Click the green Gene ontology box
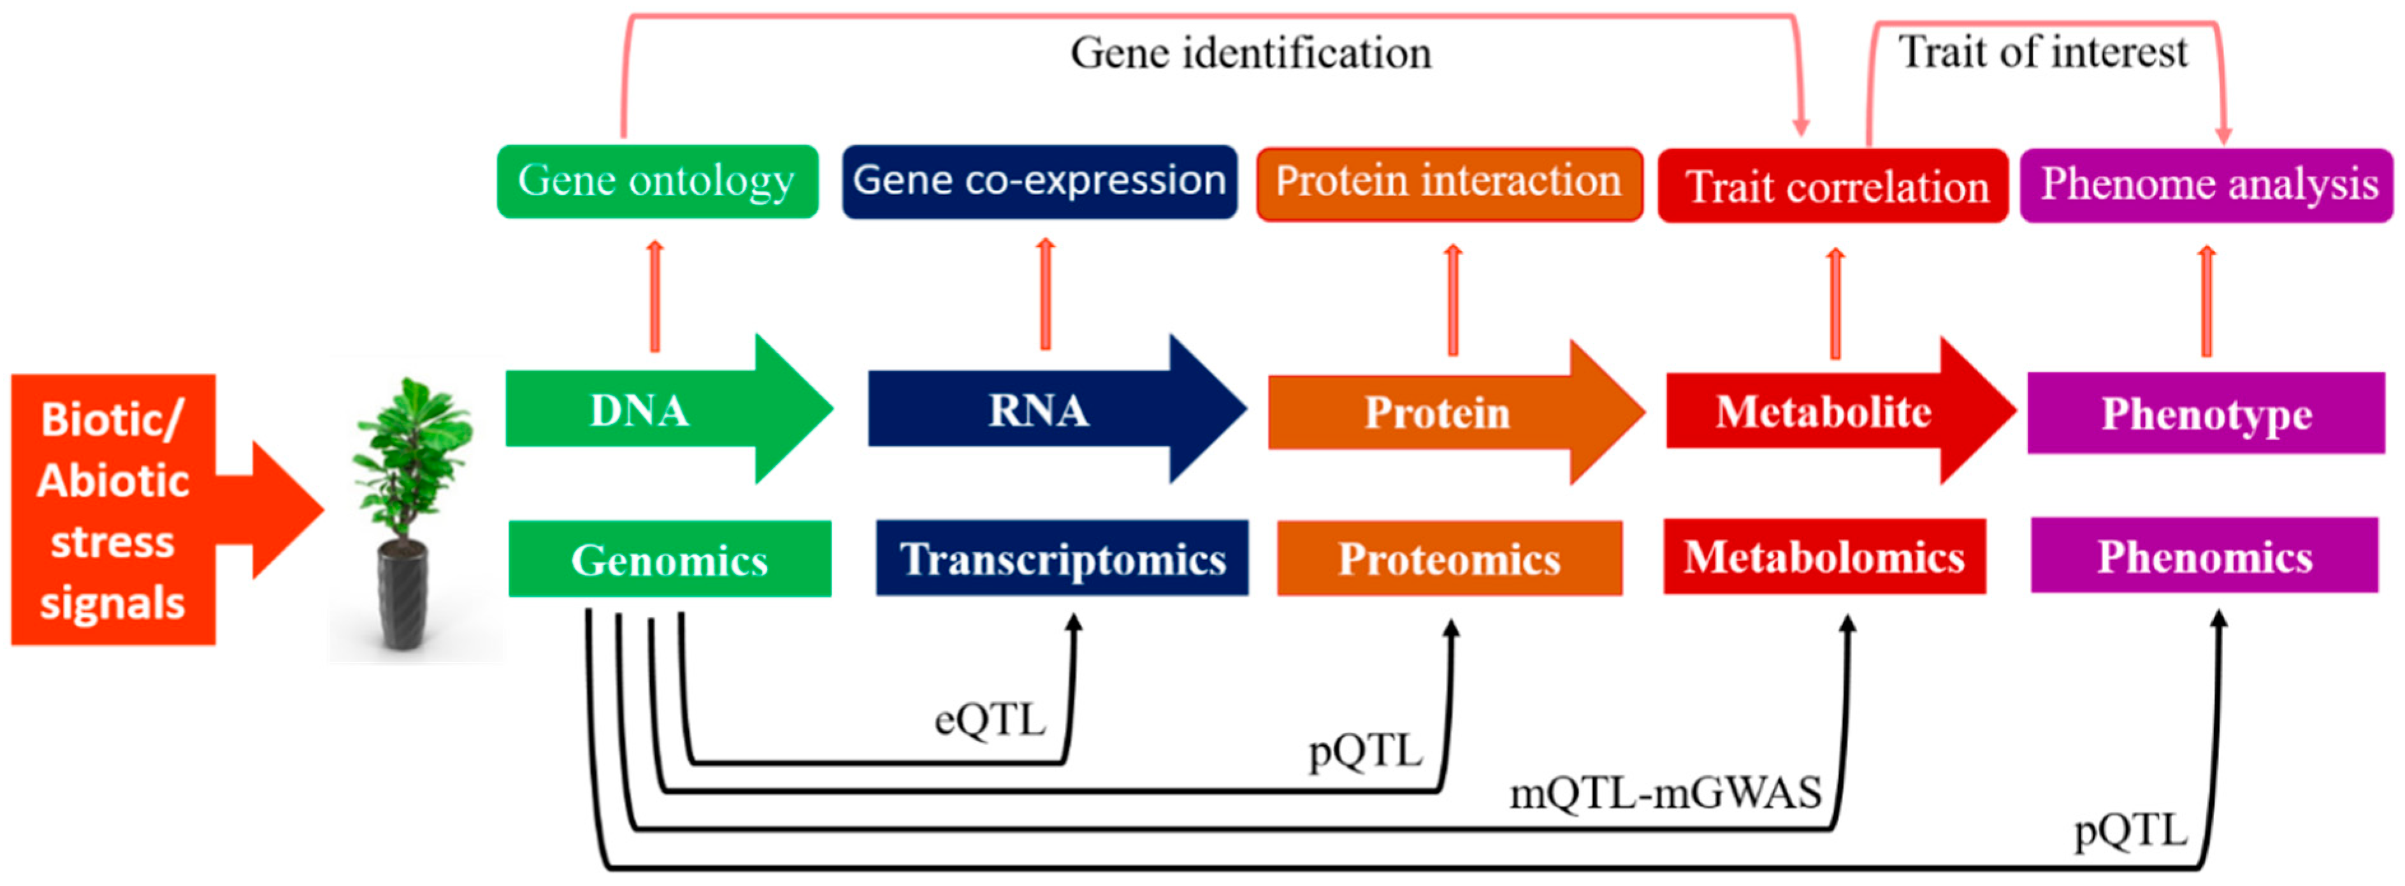point(657,181)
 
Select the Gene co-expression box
point(1039,181)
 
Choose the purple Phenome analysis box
point(2206,185)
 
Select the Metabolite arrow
point(1825,411)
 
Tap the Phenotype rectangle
point(2205,413)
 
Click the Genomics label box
point(669,559)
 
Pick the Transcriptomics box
point(1062,559)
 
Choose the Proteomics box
point(1449,559)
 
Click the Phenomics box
point(2204,557)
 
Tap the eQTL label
point(990,720)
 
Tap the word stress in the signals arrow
point(113,541)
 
